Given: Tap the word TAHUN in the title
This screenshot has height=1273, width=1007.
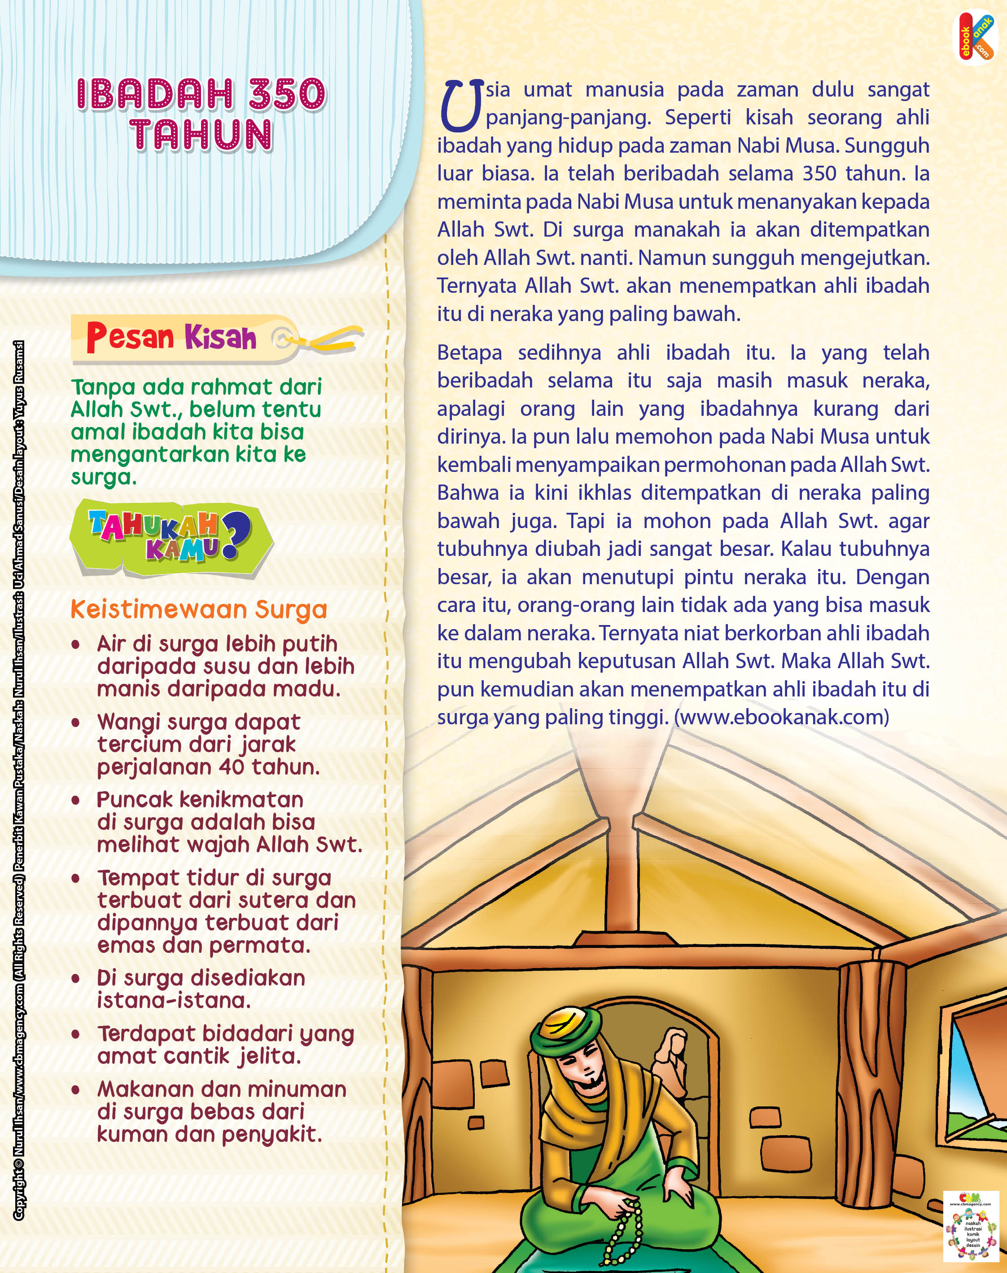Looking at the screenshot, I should (x=201, y=135).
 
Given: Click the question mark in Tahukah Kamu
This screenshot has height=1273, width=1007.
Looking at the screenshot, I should (x=236, y=534).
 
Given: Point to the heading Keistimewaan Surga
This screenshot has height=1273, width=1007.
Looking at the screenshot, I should (x=199, y=609).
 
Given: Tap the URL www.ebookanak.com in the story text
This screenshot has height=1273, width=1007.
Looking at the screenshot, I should (x=784, y=717).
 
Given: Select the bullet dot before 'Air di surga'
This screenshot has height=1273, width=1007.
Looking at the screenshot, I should (x=75, y=645).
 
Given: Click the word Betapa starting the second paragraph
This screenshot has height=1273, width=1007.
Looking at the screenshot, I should (x=469, y=353).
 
